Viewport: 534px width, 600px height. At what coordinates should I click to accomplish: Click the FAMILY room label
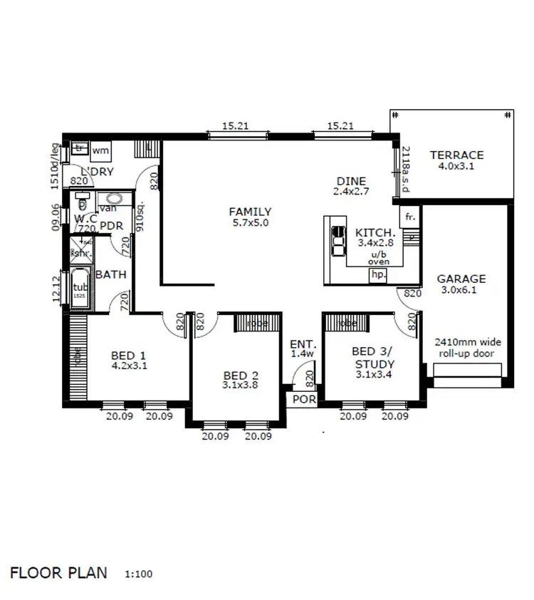tap(249, 212)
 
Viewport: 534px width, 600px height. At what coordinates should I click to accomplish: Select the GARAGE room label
tap(461, 279)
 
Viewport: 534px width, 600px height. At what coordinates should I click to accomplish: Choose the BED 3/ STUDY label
tap(374, 356)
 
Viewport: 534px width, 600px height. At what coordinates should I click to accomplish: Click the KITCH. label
tap(375, 233)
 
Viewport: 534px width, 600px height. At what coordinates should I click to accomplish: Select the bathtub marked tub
tap(79, 287)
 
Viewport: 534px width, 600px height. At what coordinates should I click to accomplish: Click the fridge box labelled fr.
tap(410, 217)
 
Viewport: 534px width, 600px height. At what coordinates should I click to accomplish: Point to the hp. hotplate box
tap(378, 274)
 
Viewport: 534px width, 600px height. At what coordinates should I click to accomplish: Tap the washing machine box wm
tap(100, 150)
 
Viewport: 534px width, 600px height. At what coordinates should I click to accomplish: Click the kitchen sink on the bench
tap(335, 241)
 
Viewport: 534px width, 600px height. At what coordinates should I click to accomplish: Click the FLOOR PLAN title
tap(58, 572)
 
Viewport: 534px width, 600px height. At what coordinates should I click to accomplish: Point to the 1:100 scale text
tap(137, 574)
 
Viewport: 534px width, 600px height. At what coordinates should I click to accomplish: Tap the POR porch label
tap(304, 400)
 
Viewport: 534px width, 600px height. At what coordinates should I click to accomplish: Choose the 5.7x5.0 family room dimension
tap(249, 223)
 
